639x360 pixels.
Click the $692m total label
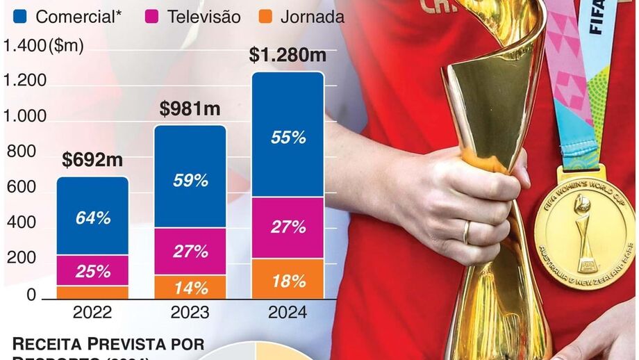click(x=92, y=160)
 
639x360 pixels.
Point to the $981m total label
click(x=190, y=108)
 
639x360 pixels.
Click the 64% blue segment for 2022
click(x=92, y=218)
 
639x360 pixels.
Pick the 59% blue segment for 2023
click(x=190, y=180)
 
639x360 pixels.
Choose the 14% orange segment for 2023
click(x=190, y=287)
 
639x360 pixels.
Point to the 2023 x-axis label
click(x=190, y=312)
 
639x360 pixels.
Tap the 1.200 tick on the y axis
click(x=24, y=81)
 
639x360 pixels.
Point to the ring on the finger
click(x=467, y=231)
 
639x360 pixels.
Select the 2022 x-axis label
click(x=92, y=312)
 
